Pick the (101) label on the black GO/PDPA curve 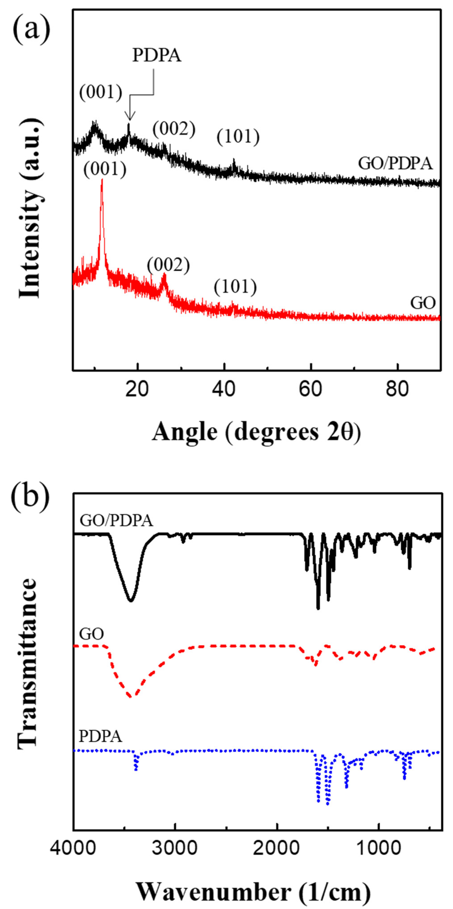coord(238,137)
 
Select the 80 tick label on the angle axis coord(398,389)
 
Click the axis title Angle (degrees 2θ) coord(256,432)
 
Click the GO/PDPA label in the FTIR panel coord(116,521)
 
